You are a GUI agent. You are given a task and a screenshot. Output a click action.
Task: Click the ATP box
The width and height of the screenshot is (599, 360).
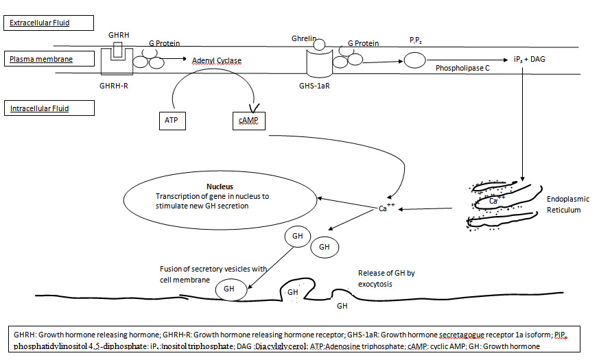[172, 120]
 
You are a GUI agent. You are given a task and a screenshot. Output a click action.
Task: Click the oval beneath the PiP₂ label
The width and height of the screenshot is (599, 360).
[414, 60]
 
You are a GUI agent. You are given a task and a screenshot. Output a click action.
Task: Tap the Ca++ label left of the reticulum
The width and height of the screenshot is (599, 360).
[386, 208]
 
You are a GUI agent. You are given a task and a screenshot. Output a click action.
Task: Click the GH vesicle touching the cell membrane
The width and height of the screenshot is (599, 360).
[229, 289]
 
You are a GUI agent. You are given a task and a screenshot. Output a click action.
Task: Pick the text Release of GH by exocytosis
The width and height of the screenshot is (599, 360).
[386, 278]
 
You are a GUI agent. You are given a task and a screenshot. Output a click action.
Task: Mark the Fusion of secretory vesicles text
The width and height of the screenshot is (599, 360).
[213, 274]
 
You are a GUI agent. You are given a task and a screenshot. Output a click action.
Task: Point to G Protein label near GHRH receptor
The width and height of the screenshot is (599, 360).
[165, 43]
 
